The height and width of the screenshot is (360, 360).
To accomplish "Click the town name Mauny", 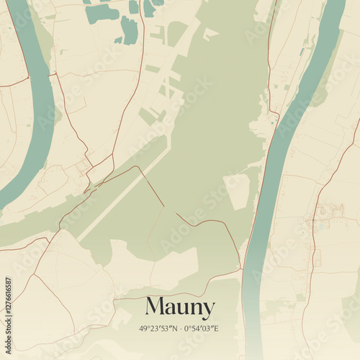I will pyautogui.click(x=179, y=307).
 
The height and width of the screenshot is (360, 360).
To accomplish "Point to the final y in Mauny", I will pyautogui.click(x=208, y=310).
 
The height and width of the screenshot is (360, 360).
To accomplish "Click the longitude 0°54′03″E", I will pyautogui.click(x=201, y=328).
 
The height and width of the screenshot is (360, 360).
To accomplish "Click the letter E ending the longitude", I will pyautogui.click(x=216, y=328).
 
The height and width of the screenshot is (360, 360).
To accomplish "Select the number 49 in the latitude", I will pyautogui.click(x=143, y=328).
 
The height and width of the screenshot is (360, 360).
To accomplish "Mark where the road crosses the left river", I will pyautogui.click(x=52, y=73).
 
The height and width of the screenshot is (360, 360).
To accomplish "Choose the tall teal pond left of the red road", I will pyautogui.click(x=130, y=30).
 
